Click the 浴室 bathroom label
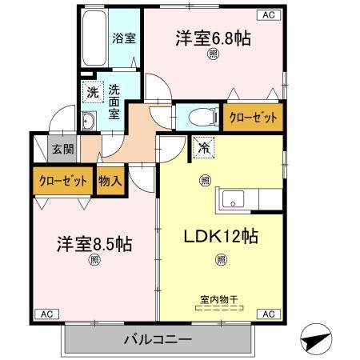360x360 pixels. tap(124, 37)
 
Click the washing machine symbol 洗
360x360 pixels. tap(93, 92)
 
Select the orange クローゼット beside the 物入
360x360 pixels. tap(62, 180)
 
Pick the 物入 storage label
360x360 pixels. tap(110, 180)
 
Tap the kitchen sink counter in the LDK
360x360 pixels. tap(248, 198)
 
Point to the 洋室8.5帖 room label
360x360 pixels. tap(94, 243)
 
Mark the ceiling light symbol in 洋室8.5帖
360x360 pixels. tap(94, 259)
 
